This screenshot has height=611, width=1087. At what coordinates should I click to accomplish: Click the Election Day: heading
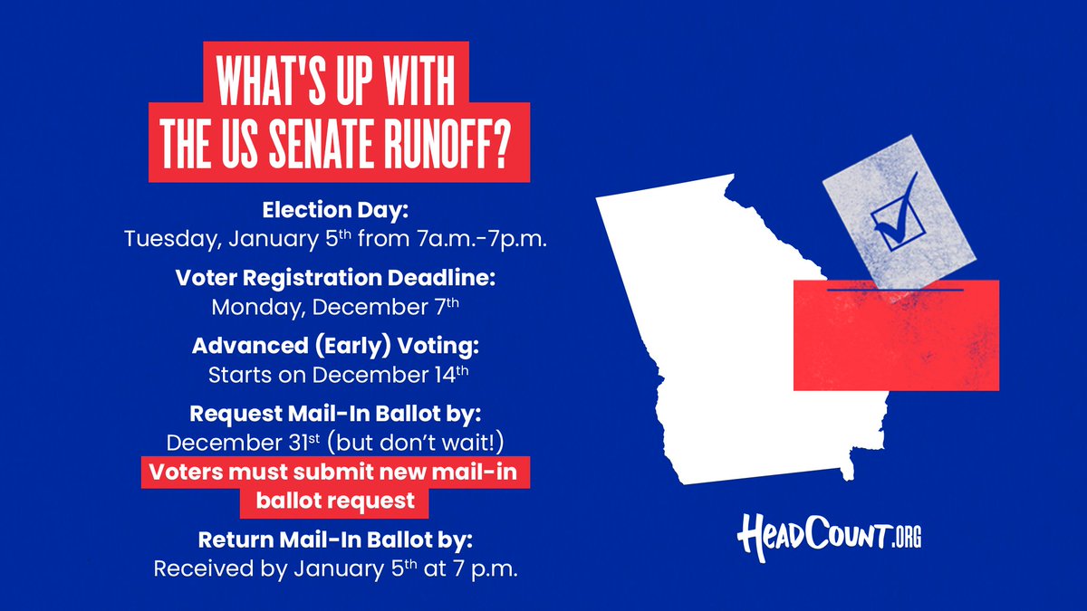(x=336, y=211)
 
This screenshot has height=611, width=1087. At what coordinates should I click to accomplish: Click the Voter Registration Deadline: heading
(x=336, y=278)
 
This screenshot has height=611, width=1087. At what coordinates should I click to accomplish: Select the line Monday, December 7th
(x=336, y=307)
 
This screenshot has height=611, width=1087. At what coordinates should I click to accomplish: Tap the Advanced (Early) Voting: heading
(x=336, y=346)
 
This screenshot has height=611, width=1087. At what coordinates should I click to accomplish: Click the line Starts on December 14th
(x=336, y=374)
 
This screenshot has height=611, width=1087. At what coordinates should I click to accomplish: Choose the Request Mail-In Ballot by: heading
(x=336, y=414)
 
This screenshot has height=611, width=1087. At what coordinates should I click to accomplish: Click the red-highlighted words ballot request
(x=335, y=500)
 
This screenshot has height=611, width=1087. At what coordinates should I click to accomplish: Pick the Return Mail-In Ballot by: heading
(x=336, y=540)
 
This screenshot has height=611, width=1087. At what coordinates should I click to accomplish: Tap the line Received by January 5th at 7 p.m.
(x=336, y=569)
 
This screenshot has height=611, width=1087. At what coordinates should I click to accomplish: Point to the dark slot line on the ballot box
(x=896, y=290)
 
